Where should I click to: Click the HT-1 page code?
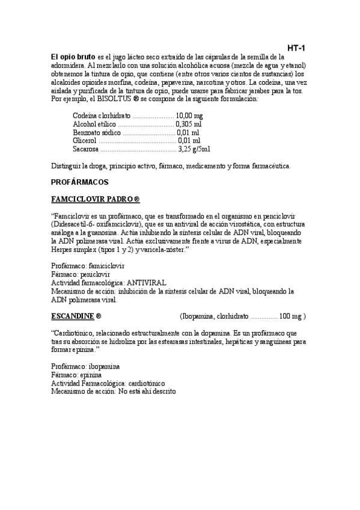coord(297,48)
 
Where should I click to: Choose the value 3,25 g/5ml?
coord(195,149)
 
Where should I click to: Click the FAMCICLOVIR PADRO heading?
coord(96,198)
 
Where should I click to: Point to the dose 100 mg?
coord(291,316)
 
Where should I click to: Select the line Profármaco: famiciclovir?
coord(88,265)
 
